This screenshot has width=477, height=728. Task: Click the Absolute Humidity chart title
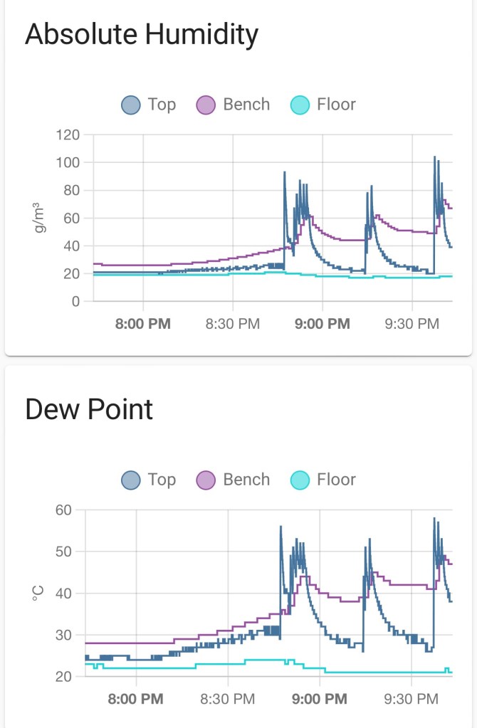point(141,34)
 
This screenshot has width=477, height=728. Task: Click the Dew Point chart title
point(89,410)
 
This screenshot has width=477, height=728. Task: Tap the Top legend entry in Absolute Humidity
point(149,105)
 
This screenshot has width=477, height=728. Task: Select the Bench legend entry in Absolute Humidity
point(234,105)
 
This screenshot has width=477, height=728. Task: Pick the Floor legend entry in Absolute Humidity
point(324,105)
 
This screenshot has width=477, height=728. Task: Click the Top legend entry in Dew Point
point(149,480)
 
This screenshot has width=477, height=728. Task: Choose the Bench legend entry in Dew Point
point(234,480)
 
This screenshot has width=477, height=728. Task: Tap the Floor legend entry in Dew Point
point(324,480)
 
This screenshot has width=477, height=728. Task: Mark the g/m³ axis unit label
point(39,218)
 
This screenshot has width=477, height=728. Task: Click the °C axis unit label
point(39,593)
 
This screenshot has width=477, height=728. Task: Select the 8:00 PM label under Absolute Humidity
point(143,324)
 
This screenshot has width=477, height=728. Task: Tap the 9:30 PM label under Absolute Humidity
point(412,324)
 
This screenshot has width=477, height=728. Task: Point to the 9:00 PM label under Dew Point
point(320,699)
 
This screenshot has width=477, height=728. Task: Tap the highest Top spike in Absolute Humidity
point(435,157)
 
